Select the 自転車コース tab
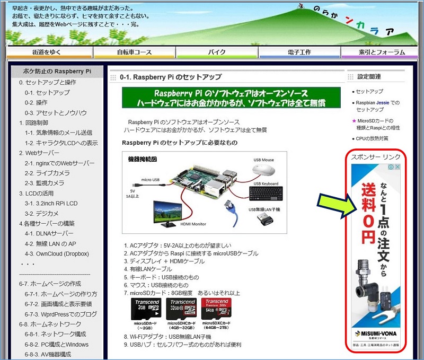point(134,52)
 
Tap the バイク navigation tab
point(217,52)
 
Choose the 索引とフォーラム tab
point(381,52)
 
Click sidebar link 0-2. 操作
point(36,102)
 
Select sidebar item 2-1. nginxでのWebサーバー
point(59,163)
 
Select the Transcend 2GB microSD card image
point(145,307)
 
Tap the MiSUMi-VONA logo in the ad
point(377,334)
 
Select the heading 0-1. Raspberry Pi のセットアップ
point(171,77)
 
